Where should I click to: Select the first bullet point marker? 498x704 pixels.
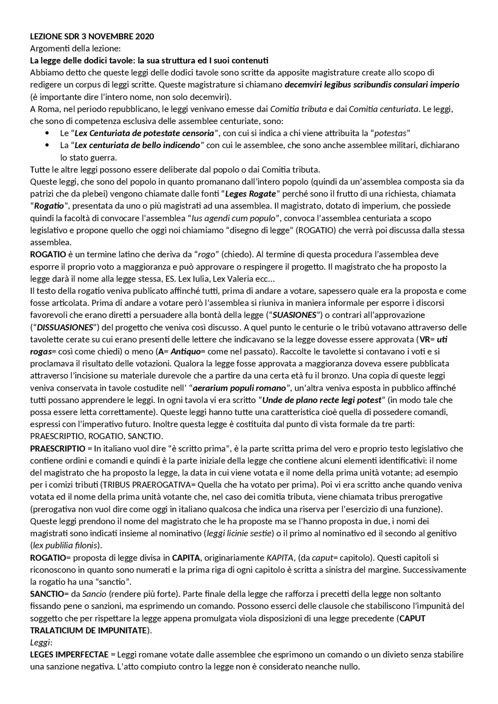(x=47, y=133)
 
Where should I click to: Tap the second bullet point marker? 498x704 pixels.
(x=47, y=145)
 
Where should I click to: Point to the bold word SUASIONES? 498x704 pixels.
(x=295, y=315)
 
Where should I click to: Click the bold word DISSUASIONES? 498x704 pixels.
(x=65, y=327)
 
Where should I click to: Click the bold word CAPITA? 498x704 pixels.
(x=186, y=558)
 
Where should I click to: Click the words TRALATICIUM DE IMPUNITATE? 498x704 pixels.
(x=89, y=631)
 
